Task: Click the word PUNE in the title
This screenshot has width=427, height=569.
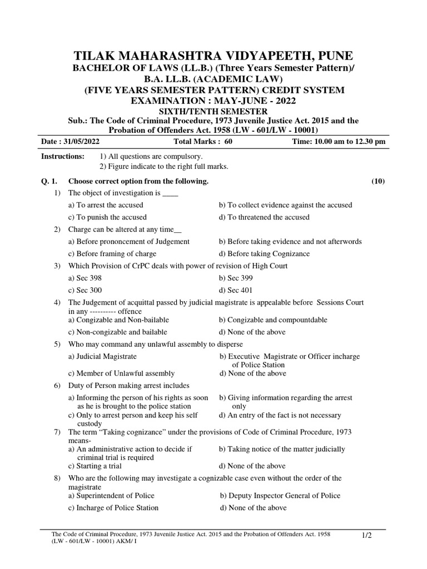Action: [x=333, y=56]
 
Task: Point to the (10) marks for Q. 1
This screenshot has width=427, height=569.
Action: [x=378, y=181]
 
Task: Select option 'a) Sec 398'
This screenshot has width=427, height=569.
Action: [x=85, y=278]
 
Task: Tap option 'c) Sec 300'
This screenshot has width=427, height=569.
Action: [x=85, y=290]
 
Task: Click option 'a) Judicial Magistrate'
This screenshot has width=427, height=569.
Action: [x=102, y=356]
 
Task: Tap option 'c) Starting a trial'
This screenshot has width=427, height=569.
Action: [x=95, y=466]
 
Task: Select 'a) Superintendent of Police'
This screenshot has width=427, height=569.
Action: [x=111, y=495]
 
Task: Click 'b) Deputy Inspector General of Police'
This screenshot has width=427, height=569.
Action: [x=280, y=495]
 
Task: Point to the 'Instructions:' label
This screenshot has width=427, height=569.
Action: [x=63, y=157]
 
